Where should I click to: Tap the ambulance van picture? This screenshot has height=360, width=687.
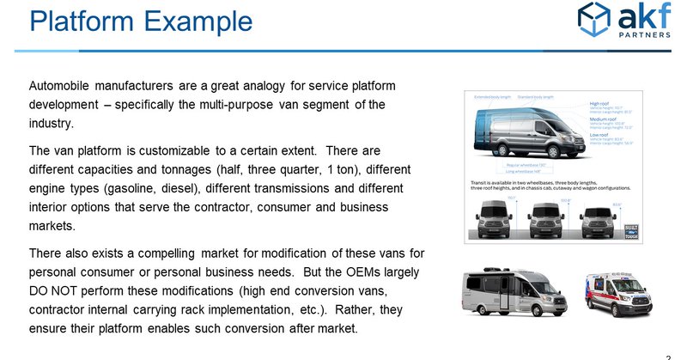tap(618, 295)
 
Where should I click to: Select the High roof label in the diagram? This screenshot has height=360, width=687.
tap(599, 105)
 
